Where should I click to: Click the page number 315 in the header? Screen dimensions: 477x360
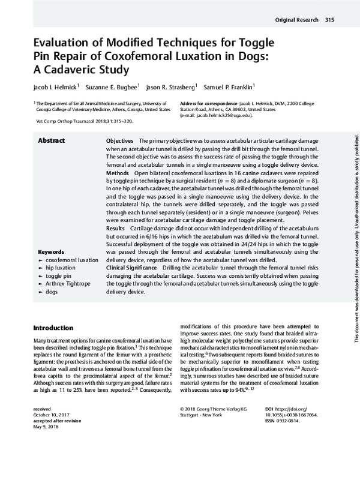329,20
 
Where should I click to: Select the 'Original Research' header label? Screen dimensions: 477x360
296,20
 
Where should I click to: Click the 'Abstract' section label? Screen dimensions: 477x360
52,140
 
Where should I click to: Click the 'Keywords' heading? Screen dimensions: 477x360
52,251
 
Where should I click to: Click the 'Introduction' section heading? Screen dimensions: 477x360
53,328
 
